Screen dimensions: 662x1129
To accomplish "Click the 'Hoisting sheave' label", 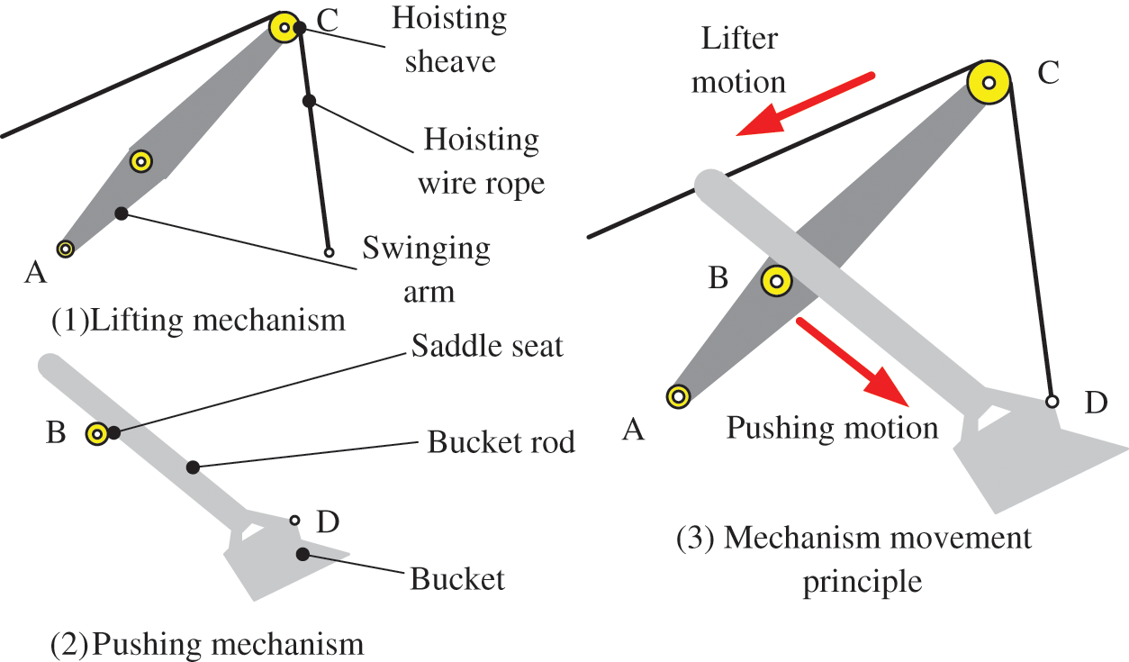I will pos(448,40).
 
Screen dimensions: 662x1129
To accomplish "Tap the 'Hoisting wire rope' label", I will pos(481,162).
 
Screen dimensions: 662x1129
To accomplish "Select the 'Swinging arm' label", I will pos(427,269).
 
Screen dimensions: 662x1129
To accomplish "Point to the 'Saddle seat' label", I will pos(487,346).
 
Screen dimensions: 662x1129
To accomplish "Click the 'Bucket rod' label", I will pos(501,442).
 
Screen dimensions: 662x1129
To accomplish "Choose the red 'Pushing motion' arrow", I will pos(853,359).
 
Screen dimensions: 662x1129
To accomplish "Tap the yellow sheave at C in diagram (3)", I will pos(989,83).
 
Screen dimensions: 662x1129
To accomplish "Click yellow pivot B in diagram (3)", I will pos(776,282).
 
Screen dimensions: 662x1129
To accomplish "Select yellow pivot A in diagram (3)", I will pos(678,395).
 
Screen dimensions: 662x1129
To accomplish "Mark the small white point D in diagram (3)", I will pos(1051,402).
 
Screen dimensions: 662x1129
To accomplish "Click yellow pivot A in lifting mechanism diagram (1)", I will pos(65,249).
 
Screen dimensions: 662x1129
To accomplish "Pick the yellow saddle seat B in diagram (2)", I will pos(96,434).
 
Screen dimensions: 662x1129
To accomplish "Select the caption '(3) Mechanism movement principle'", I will pos(854,559).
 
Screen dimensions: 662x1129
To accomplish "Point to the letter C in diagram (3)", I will pos(1048,75).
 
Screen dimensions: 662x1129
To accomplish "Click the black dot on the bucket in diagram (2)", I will pos(303,553).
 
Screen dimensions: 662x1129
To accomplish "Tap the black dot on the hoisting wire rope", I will pos(309,101).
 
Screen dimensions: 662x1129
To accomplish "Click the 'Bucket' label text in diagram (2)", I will pos(457,578).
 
